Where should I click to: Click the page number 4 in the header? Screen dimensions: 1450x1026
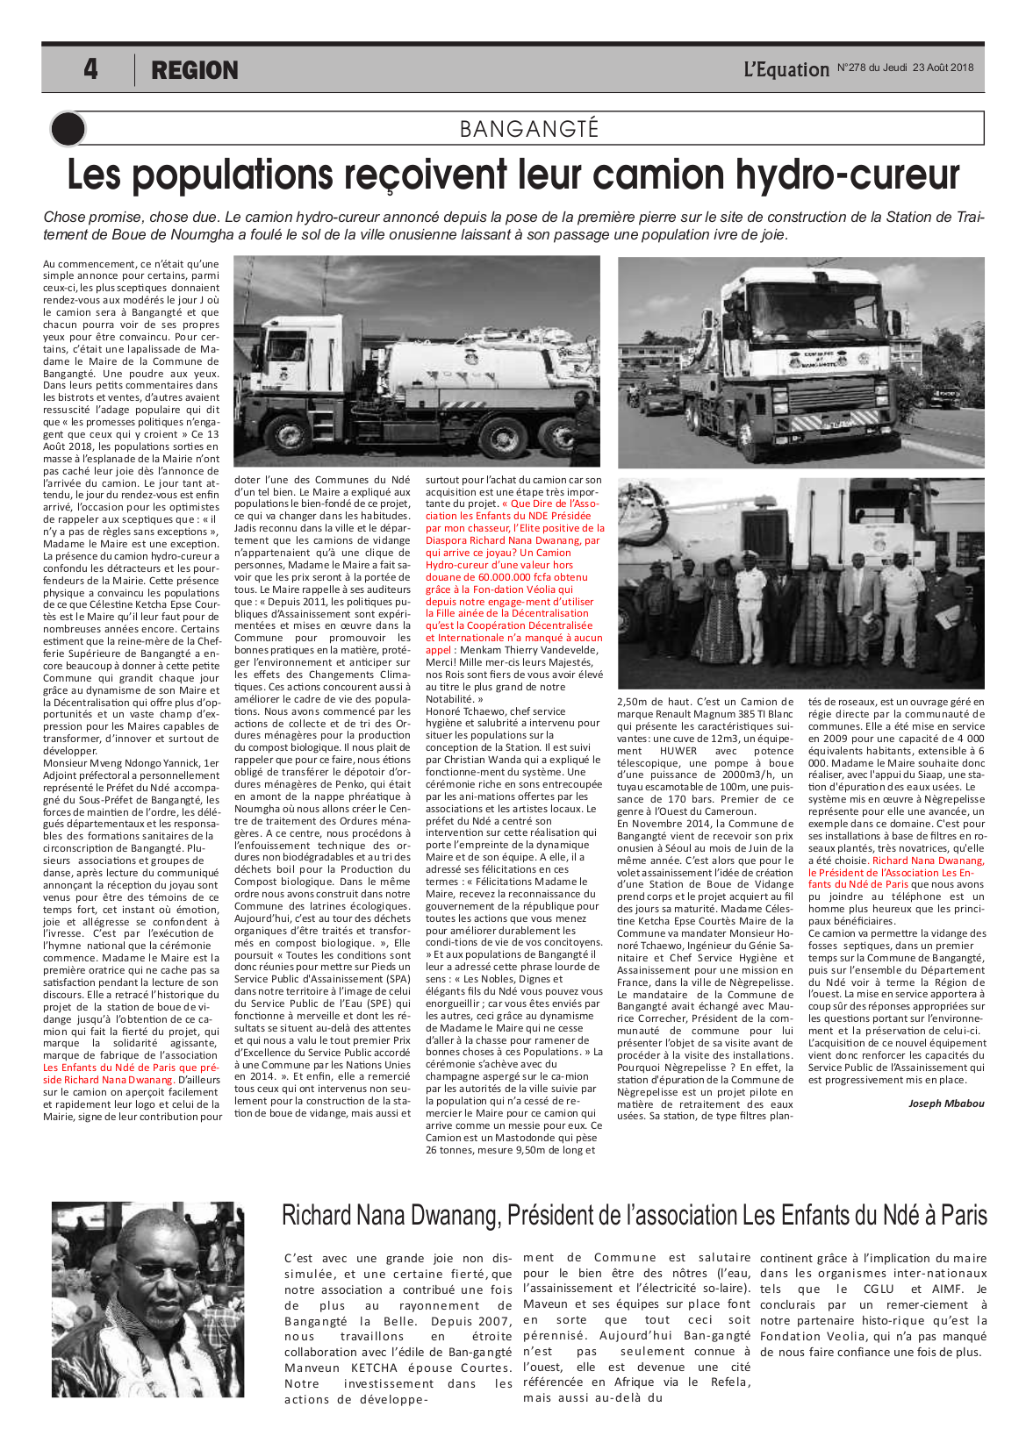90,69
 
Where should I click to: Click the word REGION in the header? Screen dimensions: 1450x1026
194,71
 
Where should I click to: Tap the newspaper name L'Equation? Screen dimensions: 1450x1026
786,69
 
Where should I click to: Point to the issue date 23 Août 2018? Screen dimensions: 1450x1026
943,68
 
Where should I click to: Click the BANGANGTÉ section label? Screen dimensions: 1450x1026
528,129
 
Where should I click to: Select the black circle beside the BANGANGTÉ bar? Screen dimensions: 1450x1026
68,129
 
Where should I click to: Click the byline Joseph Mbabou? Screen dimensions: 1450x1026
946,1104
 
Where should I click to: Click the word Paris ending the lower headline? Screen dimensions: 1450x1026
963,1216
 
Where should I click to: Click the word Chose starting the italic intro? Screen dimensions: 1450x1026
64,217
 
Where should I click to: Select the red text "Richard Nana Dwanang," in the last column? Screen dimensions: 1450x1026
929,861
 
